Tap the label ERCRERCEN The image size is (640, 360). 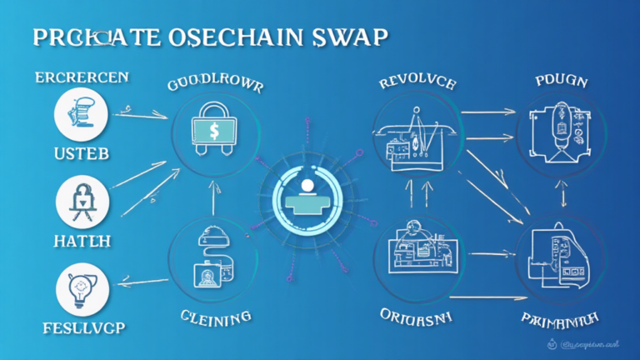(82, 77)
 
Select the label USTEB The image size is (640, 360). (82, 156)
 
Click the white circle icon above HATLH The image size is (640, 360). (82, 201)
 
